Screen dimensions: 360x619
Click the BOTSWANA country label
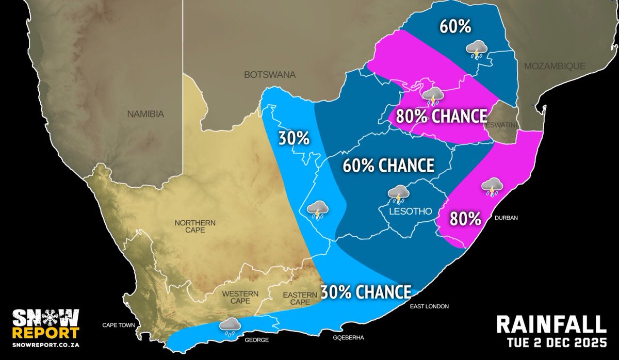[x=270, y=75]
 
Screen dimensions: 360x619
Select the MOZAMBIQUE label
[x=555, y=66]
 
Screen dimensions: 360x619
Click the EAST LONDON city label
[x=429, y=306]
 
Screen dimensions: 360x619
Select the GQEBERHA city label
[x=349, y=337]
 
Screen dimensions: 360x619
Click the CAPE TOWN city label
[x=118, y=325]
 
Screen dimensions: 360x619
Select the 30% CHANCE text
[x=366, y=292]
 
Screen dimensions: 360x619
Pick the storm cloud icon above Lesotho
[x=399, y=194]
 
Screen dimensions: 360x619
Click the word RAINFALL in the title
[x=550, y=325]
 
